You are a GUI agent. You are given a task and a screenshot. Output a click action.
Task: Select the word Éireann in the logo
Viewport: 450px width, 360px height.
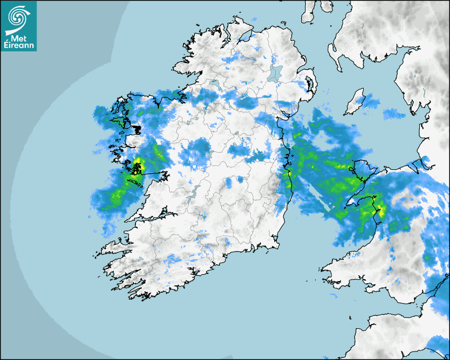pos(19,46)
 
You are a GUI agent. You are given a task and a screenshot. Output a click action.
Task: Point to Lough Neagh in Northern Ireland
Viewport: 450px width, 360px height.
pos(275,73)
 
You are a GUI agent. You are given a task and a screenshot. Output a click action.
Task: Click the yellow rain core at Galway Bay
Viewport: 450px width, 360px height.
pos(137,164)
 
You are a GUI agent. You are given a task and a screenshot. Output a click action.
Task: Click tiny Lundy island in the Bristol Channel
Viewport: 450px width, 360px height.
pos(351,317)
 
